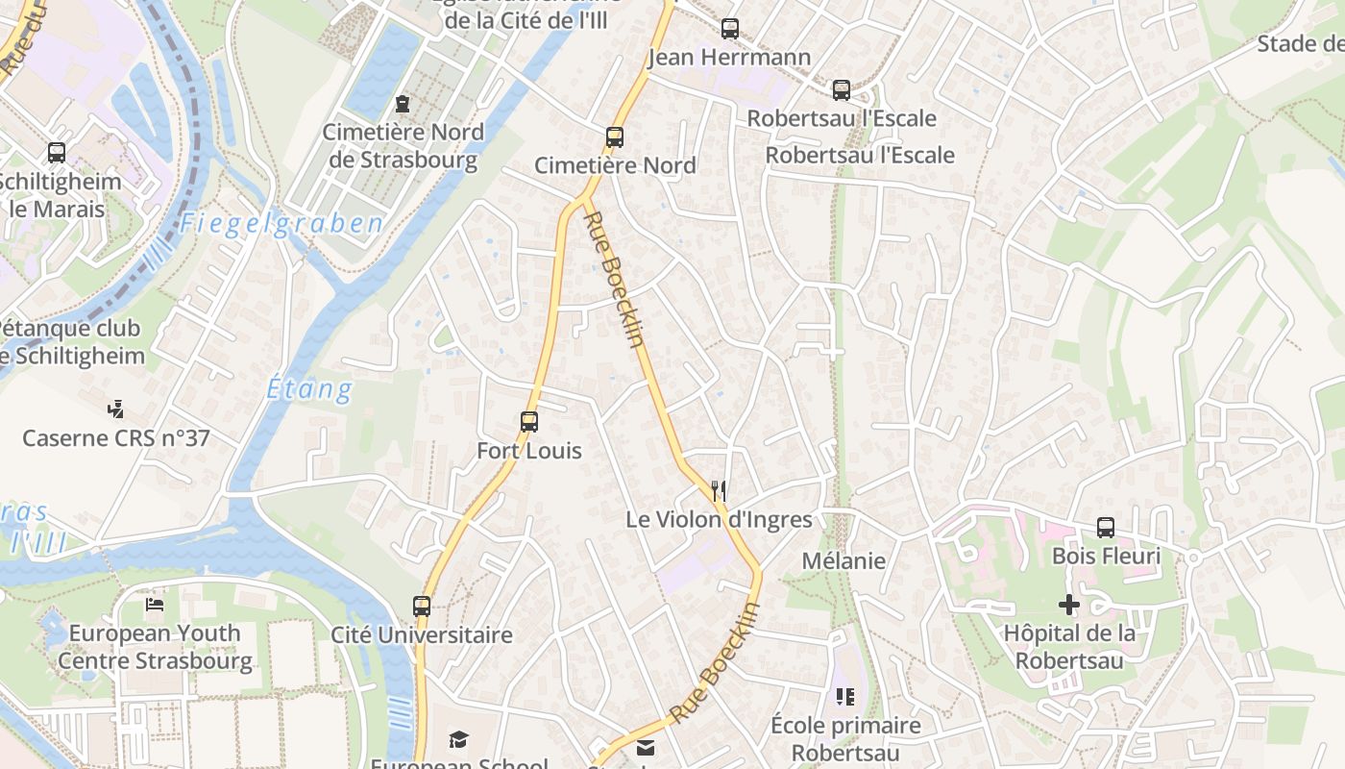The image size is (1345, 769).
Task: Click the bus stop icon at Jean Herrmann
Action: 730,29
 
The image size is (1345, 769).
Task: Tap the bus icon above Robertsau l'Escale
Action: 842,90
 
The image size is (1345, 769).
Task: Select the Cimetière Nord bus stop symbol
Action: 615,137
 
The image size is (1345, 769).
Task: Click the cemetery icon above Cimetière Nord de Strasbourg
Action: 403,104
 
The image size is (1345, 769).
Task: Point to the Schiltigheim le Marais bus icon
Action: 57,153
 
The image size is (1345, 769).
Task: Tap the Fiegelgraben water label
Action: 281,225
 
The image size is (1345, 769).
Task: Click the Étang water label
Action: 309,389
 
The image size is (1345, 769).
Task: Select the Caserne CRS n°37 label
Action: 115,438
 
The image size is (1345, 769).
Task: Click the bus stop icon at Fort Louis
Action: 529,421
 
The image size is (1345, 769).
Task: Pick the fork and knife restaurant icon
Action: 719,491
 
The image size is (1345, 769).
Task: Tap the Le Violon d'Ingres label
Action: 719,520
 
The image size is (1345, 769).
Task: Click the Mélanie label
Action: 844,560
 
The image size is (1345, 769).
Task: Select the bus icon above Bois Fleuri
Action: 1106,528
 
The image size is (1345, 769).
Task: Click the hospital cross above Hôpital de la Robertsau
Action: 1068,605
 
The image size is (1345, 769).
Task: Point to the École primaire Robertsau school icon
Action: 845,697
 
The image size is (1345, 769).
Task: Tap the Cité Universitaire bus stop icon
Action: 422,607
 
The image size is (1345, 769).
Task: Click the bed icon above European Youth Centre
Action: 155,605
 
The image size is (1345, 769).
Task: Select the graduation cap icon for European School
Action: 459,739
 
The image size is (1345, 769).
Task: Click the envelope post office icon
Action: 646,748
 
